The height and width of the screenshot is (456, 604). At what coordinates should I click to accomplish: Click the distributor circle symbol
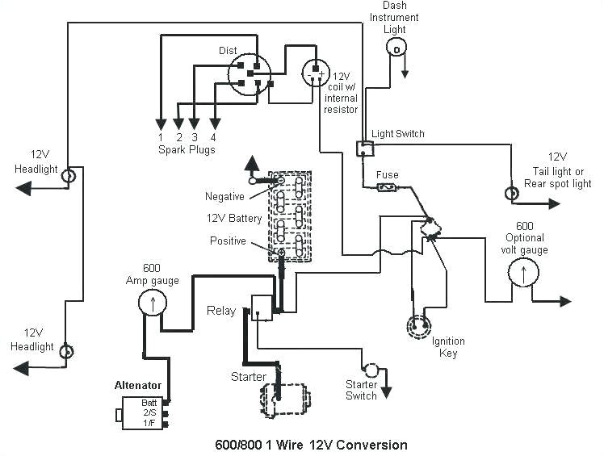[249, 75]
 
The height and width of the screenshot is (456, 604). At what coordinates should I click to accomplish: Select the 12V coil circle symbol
[316, 73]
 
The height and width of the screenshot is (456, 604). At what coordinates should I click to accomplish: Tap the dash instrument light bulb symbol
[396, 49]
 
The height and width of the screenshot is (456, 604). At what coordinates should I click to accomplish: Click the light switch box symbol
[364, 148]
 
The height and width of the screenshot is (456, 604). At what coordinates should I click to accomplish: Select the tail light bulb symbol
[511, 194]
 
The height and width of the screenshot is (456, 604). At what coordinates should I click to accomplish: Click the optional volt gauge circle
[522, 275]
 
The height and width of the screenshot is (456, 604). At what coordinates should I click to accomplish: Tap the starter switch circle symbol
[371, 370]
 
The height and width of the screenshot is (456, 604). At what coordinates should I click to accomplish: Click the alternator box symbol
[144, 413]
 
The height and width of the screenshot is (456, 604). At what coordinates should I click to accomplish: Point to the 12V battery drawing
[290, 216]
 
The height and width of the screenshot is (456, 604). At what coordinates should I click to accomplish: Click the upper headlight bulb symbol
[69, 175]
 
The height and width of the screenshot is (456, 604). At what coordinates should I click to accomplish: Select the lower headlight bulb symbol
[69, 351]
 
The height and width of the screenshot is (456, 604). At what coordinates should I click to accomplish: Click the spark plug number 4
[213, 136]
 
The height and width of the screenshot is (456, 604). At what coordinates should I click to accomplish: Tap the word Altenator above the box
[138, 386]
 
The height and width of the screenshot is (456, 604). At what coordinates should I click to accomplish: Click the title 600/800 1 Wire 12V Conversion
[310, 445]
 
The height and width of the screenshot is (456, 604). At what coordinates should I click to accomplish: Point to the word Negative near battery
[224, 196]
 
